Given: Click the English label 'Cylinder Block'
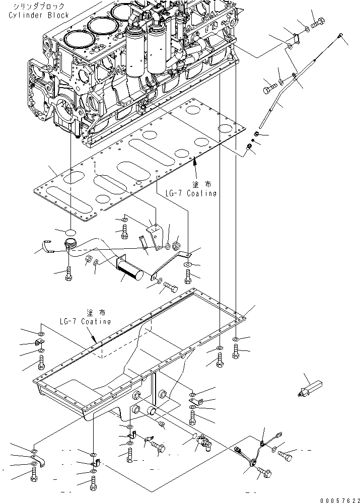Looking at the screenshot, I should click(x=38, y=16).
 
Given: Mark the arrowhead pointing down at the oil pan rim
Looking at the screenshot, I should click(x=94, y=340).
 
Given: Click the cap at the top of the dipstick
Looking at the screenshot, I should click(x=341, y=35).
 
